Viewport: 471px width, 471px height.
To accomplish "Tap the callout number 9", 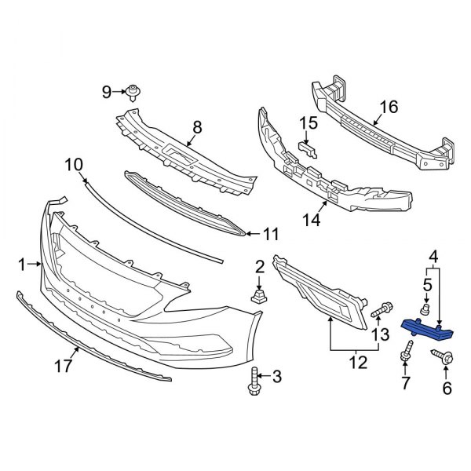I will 106,93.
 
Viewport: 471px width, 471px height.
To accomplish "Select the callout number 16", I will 389,107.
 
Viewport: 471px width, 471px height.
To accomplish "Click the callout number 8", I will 197,126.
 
